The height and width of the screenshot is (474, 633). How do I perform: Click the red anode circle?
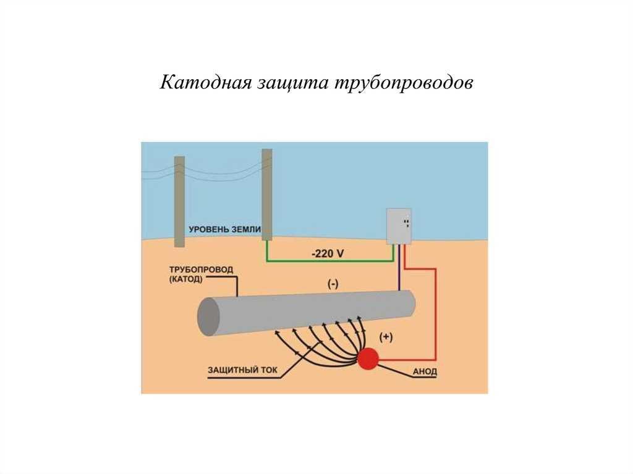click(x=368, y=358)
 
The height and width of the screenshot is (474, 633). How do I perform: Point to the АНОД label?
click(x=425, y=371)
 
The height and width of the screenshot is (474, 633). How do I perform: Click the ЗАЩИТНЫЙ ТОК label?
click(x=242, y=370)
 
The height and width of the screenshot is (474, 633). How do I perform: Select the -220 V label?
click(x=328, y=253)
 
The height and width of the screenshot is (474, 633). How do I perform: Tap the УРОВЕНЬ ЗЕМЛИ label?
click(x=225, y=229)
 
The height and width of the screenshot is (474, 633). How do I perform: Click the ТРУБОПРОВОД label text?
click(x=201, y=269)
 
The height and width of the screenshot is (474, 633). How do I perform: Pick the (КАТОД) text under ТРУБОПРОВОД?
click(x=185, y=279)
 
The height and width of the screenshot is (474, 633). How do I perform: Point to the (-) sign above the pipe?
click(x=333, y=284)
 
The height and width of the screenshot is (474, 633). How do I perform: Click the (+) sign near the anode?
click(x=386, y=337)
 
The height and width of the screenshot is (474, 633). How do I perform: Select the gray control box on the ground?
click(x=399, y=226)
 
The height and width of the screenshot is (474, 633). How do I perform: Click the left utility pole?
click(x=180, y=201)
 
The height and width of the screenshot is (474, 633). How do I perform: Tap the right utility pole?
click(x=267, y=195)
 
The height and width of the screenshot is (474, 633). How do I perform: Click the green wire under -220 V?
click(x=329, y=261)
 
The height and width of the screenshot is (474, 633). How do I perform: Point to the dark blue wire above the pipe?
click(x=399, y=267)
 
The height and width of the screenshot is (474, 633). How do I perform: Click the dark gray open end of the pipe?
click(x=208, y=317)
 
